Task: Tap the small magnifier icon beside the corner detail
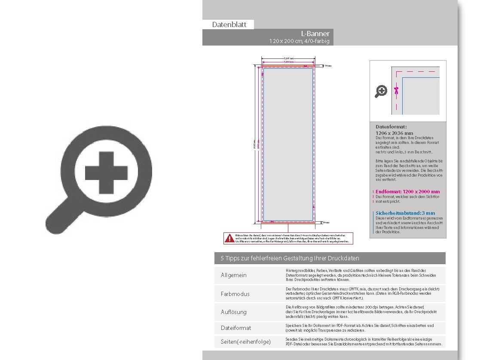[381, 91]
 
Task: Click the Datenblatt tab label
[229, 25]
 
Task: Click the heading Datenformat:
[391, 127]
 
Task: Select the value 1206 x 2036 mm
[394, 133]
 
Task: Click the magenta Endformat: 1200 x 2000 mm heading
[407, 192]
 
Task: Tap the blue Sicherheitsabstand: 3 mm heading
[405, 213]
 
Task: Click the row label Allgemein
[234, 275]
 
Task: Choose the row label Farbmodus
[235, 294]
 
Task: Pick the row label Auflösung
[234, 312]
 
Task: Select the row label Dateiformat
[236, 328]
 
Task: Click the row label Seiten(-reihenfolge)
[246, 342]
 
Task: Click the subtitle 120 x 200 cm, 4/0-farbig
[299, 41]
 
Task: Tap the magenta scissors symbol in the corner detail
[396, 90]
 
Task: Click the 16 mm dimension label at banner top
[328, 66]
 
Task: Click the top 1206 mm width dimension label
[289, 58]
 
